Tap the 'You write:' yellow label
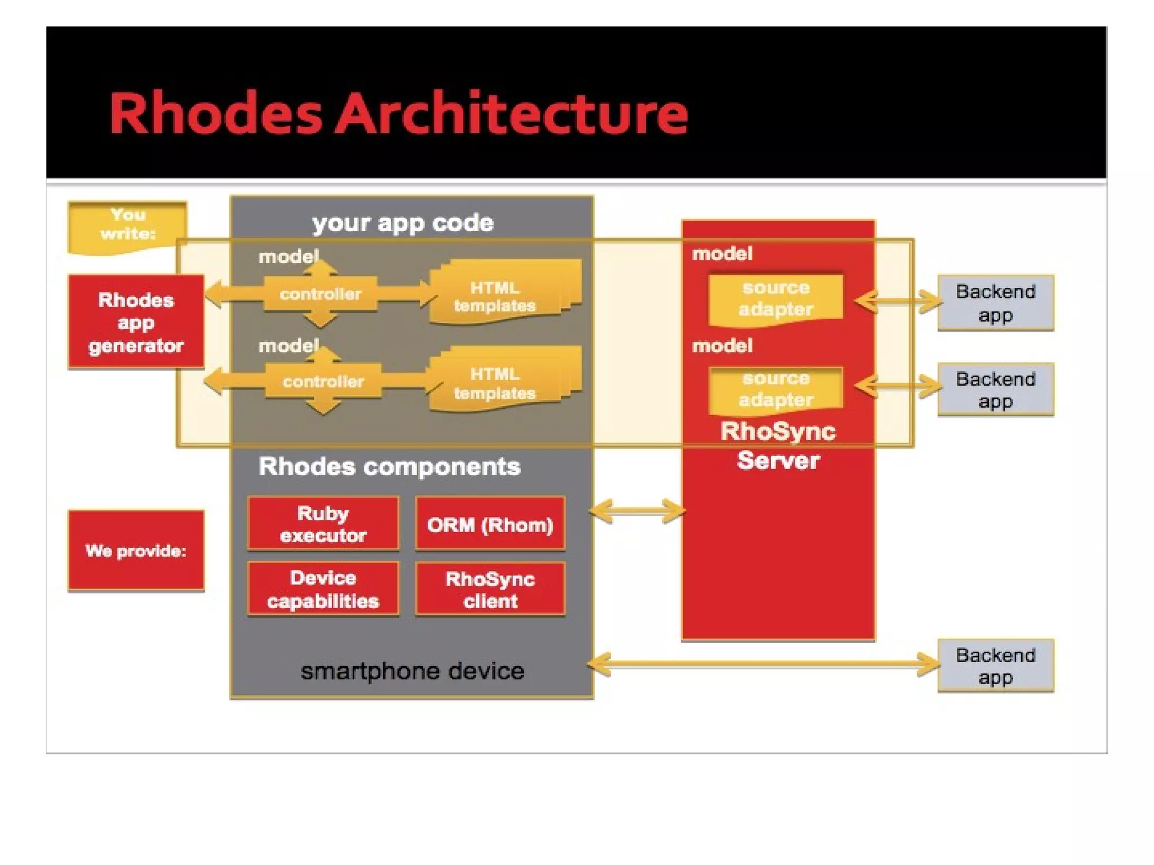click(127, 225)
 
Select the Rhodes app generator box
click(136, 322)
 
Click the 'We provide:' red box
click(136, 550)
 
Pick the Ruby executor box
click(323, 524)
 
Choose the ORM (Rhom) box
click(490, 524)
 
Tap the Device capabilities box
click(323, 589)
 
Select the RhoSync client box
click(490, 590)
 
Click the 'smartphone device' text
click(412, 671)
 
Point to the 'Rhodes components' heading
click(389, 466)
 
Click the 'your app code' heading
click(403, 223)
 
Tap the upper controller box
click(320, 293)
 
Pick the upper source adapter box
click(775, 298)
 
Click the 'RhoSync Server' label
click(778, 445)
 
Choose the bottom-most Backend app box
click(995, 666)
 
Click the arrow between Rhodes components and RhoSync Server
click(637, 511)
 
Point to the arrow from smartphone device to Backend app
click(764, 663)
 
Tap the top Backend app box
click(995, 303)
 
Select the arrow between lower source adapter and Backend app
click(898, 386)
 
